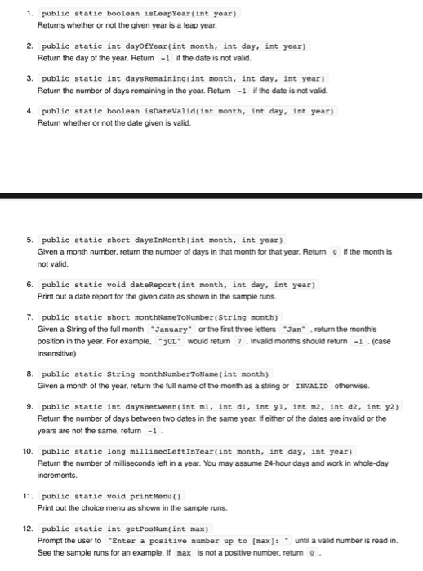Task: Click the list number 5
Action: (29, 240)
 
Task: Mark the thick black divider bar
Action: (211, 196)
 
